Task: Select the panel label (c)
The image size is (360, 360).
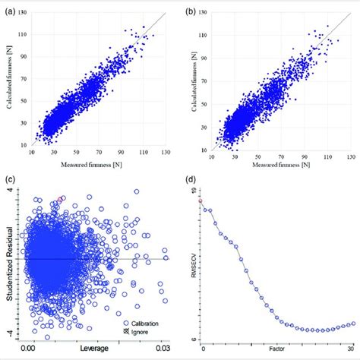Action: click(8, 181)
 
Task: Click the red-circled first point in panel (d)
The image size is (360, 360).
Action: click(203, 200)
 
